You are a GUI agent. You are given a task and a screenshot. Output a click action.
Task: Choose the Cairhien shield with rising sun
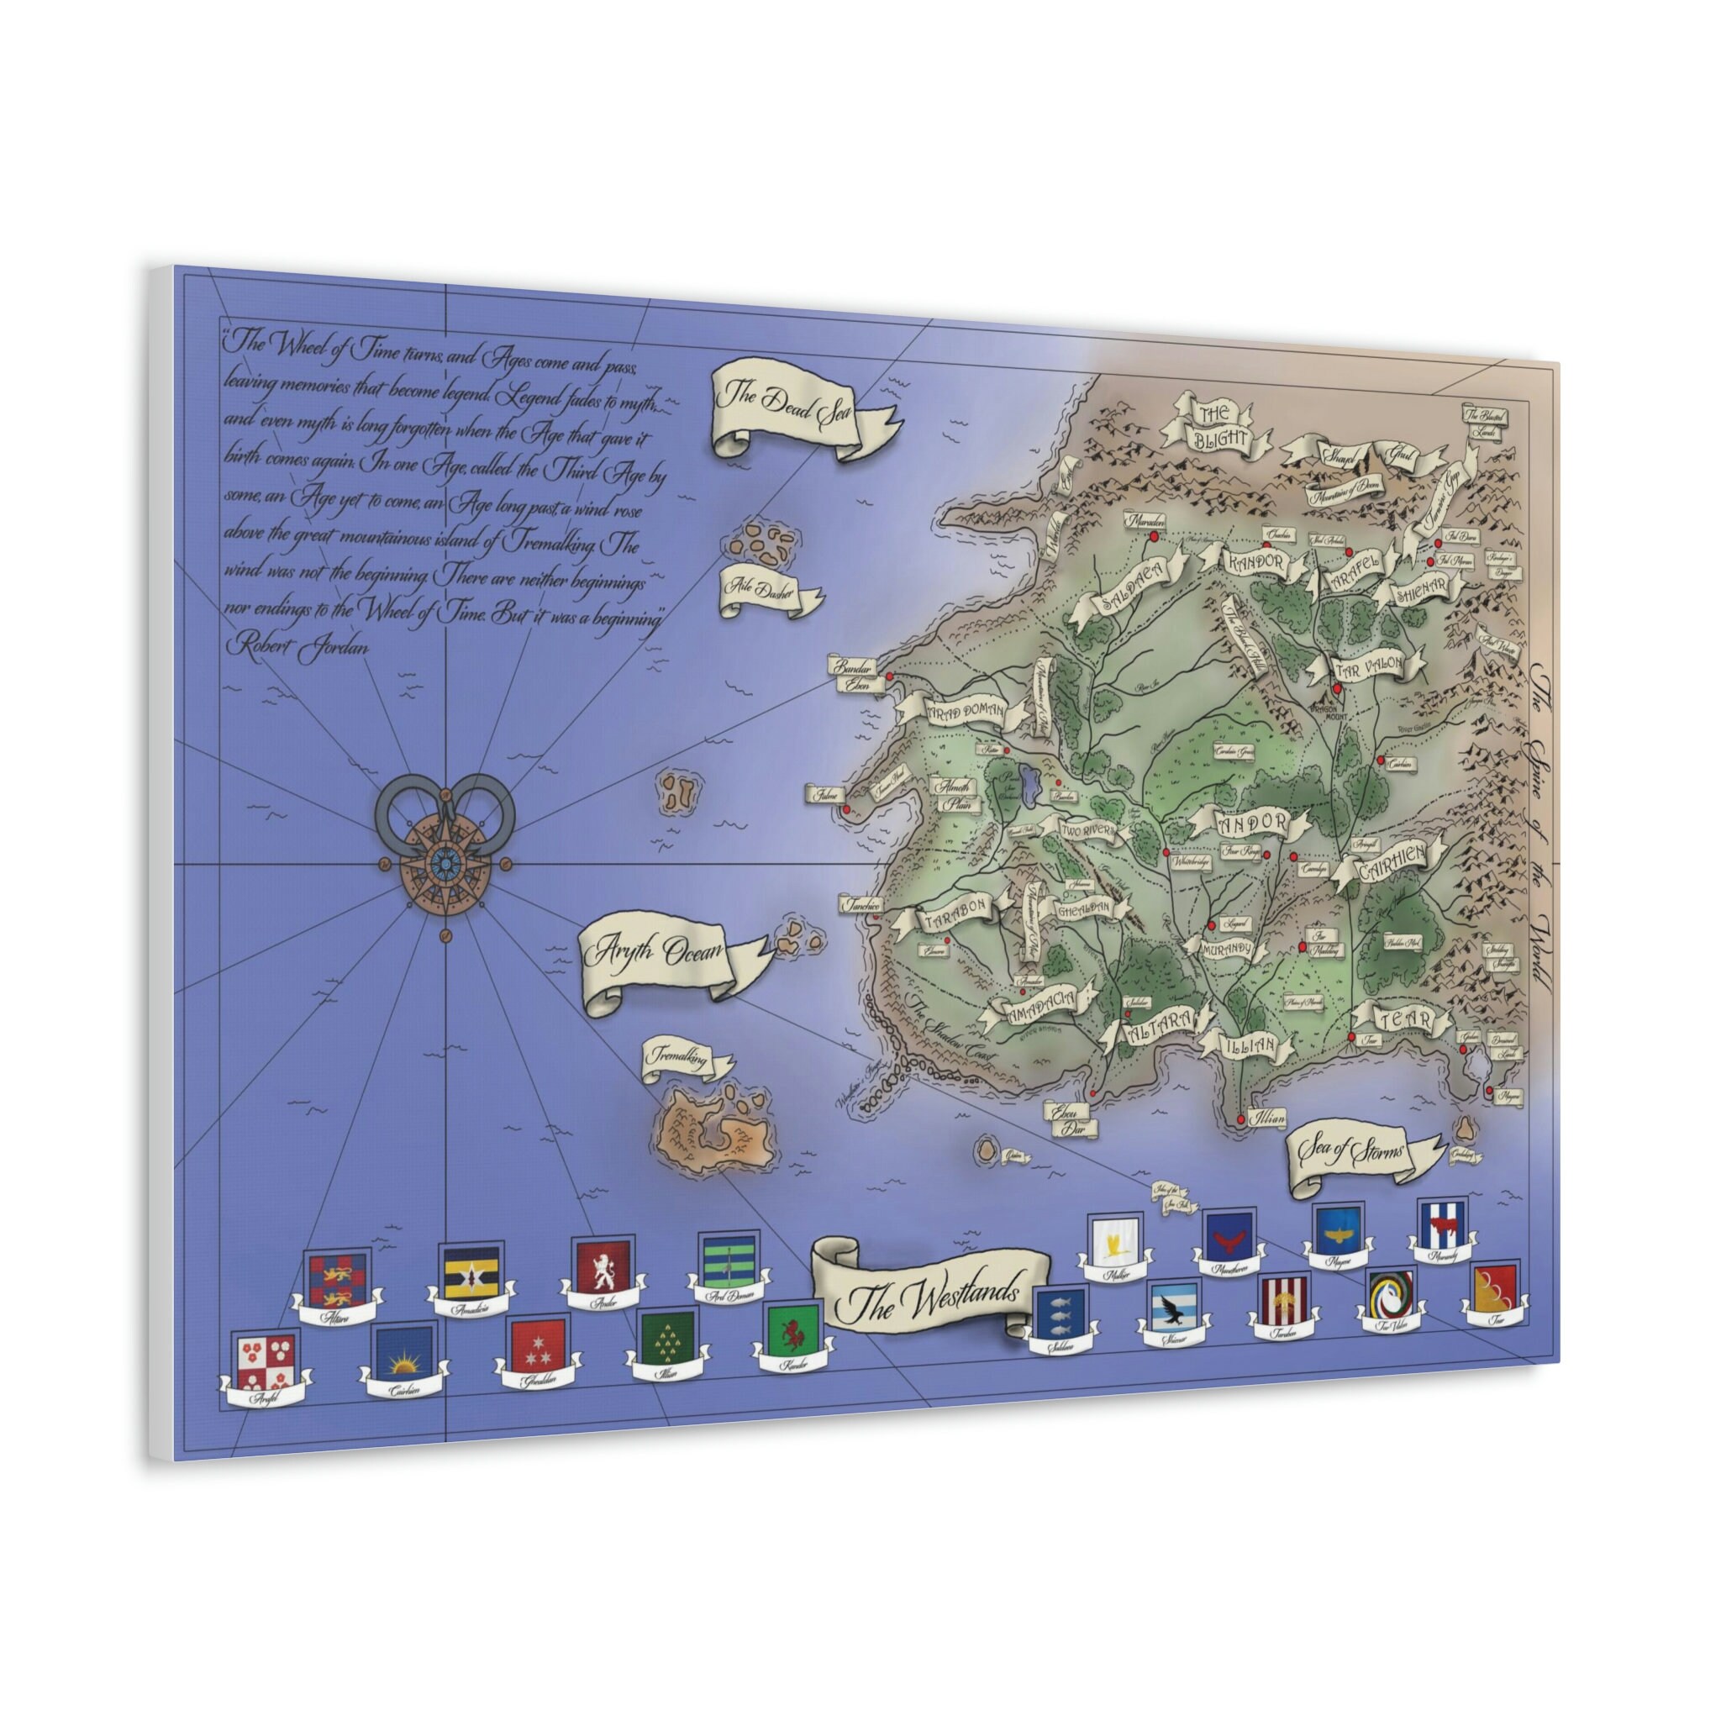point(403,1353)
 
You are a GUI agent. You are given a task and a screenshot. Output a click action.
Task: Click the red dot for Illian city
point(1240,1118)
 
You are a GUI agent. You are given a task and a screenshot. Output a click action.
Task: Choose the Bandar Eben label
point(851,674)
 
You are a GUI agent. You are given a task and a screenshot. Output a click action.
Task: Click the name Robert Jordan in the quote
point(297,644)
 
